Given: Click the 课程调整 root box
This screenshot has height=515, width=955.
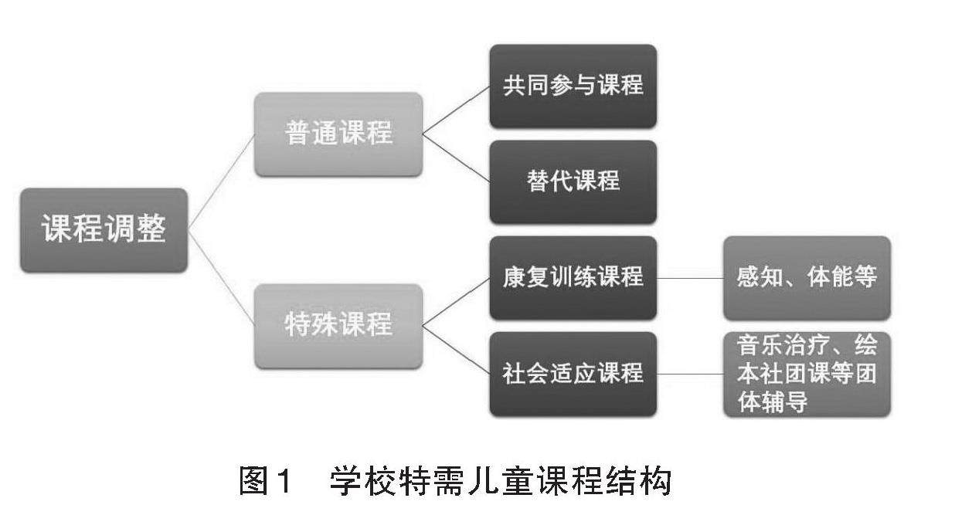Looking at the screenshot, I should [x=104, y=230].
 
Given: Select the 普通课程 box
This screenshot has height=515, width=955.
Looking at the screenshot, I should [x=338, y=134].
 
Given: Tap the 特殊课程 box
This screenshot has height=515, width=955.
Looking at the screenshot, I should [x=338, y=325].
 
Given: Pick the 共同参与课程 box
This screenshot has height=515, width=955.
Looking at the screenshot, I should [x=573, y=86].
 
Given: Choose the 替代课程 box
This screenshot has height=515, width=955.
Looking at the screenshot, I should [x=573, y=181].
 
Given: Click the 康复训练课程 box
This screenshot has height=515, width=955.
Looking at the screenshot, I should [x=573, y=277].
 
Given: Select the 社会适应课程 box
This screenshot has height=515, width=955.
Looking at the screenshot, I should [x=573, y=374].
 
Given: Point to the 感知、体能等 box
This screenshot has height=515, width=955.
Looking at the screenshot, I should [x=807, y=277].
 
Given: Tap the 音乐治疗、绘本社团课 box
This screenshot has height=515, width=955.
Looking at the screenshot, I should [x=807, y=374].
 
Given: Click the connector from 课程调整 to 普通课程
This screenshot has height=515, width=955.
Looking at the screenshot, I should [x=222, y=182].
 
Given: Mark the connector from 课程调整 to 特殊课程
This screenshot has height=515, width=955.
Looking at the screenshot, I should [x=222, y=278].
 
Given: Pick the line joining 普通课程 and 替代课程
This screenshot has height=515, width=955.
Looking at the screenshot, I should [x=456, y=158].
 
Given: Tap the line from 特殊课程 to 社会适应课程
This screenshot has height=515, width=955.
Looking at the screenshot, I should [x=456, y=350].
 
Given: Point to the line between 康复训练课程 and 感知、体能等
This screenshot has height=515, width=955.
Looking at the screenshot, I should [x=690, y=277].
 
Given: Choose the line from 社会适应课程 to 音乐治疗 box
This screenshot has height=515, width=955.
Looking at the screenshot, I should [x=690, y=374].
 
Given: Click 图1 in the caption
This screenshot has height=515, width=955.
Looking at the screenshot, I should [x=265, y=482].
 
